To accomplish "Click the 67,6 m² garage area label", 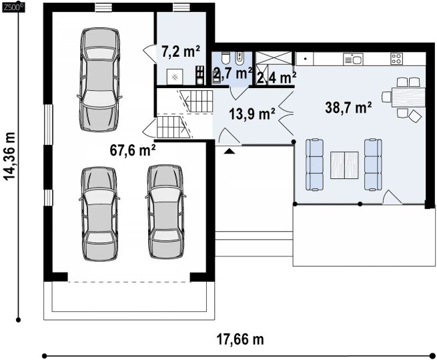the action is pyautogui.click(x=133, y=150).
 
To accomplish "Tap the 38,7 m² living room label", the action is pyautogui.click(x=348, y=107).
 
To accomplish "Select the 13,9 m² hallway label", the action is pyautogui.click(x=252, y=114).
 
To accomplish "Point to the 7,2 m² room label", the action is pyautogui.click(x=181, y=51).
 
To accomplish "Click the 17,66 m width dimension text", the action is pyautogui.click(x=240, y=339).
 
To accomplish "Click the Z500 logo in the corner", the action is pyautogui.click(x=13, y=8).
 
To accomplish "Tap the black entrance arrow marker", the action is pyautogui.click(x=230, y=151).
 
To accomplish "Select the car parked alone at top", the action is pyautogui.click(x=100, y=79).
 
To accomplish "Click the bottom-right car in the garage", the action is pyautogui.click(x=165, y=212).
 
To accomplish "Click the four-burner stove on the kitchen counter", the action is pyautogui.click(x=396, y=59).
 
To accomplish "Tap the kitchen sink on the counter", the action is pyautogui.click(x=353, y=59).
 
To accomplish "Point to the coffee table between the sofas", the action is pyautogui.click(x=344, y=165).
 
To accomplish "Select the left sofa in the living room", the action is pyautogui.click(x=315, y=165).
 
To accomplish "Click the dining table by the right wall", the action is pyautogui.click(x=408, y=98).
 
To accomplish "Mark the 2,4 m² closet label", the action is pyautogui.click(x=276, y=78).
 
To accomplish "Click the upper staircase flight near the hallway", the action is pyautogui.click(x=196, y=101).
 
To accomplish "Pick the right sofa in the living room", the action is pyautogui.click(x=373, y=165).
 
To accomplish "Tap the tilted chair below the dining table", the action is pyautogui.click(x=415, y=116).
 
